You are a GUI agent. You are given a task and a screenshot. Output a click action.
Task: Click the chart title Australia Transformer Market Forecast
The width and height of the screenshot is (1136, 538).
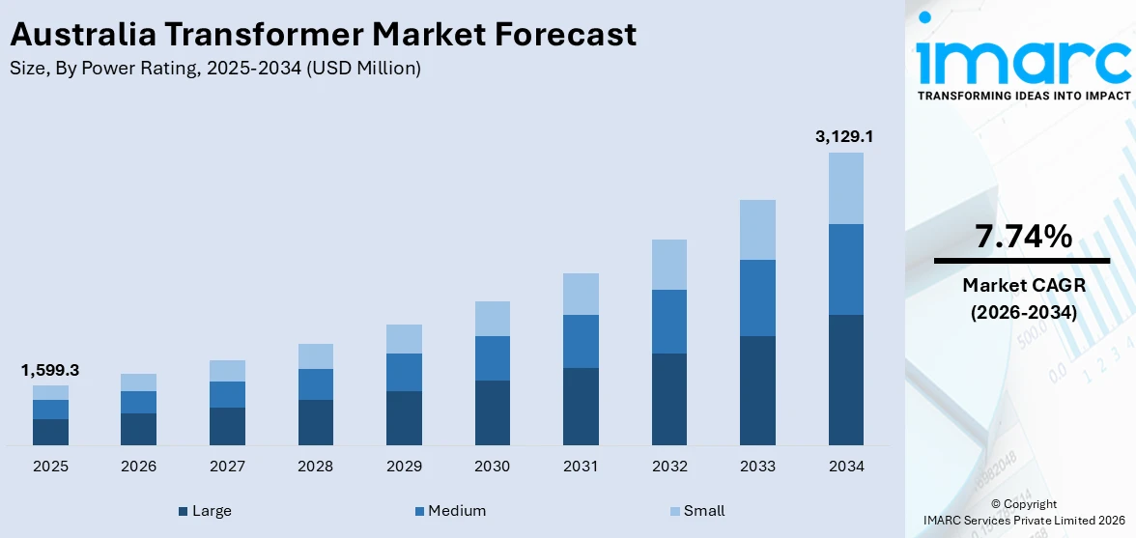323,35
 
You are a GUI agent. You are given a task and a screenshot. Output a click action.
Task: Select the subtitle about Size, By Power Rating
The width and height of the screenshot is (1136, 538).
215,69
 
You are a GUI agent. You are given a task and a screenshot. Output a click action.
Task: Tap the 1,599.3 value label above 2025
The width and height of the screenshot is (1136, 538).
50,371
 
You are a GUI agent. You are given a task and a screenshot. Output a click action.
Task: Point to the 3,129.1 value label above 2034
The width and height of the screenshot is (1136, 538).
845,137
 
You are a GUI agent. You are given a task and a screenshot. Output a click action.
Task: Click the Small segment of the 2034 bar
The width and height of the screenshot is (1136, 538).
845,188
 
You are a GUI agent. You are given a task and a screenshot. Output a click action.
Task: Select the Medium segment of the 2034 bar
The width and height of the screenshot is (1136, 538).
845,269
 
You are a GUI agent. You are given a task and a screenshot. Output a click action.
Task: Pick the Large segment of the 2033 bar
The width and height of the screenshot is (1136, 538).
757,390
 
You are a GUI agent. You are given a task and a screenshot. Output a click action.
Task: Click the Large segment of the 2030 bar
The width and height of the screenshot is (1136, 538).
492,412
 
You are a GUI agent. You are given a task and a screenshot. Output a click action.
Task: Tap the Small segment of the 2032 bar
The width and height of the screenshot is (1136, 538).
668,265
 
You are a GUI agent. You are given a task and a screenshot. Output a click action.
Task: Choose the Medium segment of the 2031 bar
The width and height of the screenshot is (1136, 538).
581,341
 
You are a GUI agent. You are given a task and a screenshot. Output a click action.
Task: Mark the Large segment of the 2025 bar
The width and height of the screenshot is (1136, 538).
50,432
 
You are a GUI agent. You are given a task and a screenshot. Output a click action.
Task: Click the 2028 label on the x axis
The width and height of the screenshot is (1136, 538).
316,467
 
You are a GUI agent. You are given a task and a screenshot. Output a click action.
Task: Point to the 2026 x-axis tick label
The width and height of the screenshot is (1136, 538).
139,467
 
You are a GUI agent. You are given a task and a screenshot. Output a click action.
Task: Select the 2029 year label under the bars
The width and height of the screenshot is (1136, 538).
404,467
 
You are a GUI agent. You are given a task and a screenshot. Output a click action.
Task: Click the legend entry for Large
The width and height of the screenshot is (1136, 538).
205,511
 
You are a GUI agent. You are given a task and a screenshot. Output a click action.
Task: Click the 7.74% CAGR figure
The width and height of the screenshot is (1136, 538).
1023,237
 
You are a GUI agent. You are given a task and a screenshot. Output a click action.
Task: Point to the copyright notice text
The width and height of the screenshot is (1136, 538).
1023,512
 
